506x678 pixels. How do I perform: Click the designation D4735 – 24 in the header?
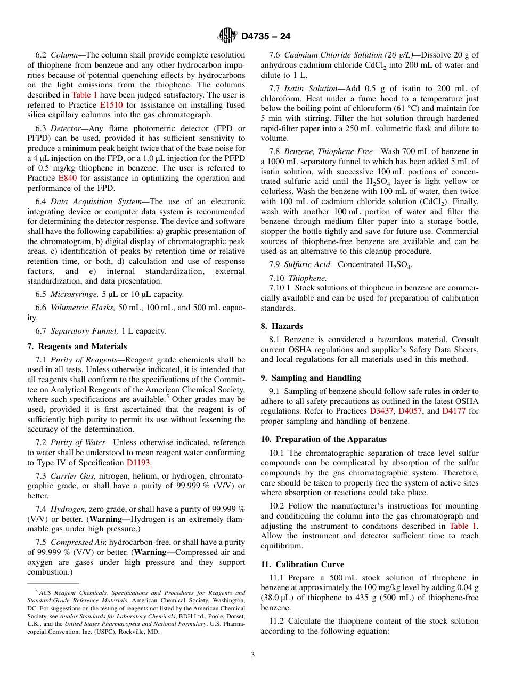click(x=266, y=37)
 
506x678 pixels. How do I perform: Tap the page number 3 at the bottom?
click(x=253, y=655)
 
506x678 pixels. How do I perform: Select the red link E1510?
click(x=111, y=105)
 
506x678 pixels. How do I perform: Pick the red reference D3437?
click(x=381, y=411)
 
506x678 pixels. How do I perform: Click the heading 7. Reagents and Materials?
click(x=77, y=346)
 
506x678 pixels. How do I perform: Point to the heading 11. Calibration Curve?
click(x=302, y=564)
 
